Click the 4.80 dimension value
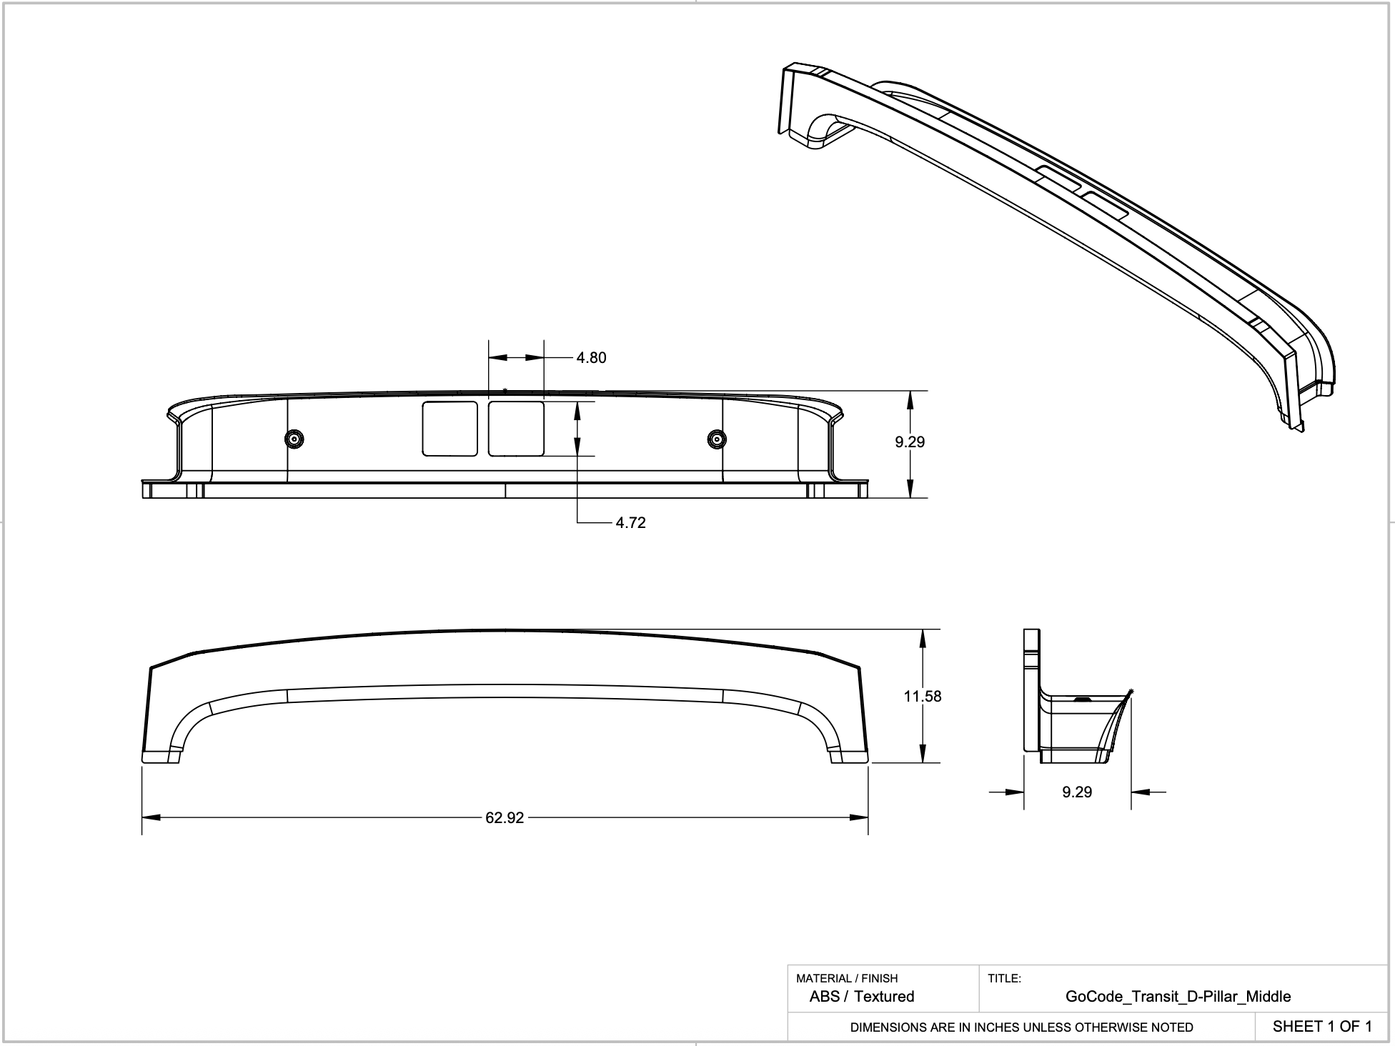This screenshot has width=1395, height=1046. (591, 358)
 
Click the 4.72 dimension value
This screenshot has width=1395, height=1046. (630, 523)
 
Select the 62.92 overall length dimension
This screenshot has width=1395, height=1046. (505, 818)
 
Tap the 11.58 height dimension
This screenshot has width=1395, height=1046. (922, 696)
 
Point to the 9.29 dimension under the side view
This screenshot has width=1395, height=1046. (1077, 792)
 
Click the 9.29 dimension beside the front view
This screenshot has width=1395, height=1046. (910, 442)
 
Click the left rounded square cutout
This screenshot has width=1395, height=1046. (450, 429)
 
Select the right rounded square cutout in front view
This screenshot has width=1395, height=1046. (516, 429)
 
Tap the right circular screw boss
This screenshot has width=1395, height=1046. (716, 439)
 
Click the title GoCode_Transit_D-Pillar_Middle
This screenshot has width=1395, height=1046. (1178, 996)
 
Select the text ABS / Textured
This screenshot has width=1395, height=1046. (861, 996)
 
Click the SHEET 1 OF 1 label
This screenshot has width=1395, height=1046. (1322, 1027)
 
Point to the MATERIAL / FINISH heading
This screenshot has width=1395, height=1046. (847, 978)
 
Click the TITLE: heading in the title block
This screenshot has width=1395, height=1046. (1004, 978)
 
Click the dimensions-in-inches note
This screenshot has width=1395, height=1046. (1021, 1027)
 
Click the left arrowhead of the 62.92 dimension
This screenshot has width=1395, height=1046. (150, 817)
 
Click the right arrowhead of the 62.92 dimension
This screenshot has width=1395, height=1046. (859, 817)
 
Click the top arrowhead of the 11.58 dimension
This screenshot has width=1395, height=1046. (923, 639)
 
